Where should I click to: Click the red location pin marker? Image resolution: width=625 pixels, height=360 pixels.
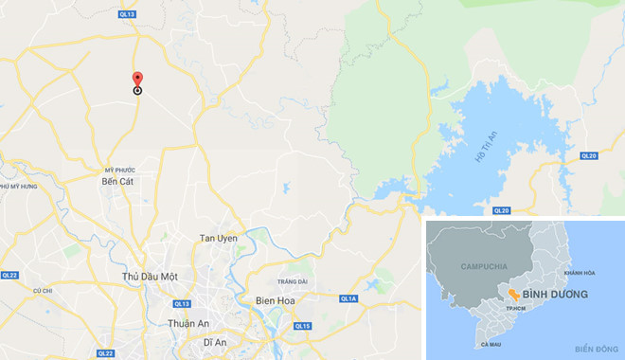(x=137, y=80)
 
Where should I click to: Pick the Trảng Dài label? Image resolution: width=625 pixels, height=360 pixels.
(x=292, y=281)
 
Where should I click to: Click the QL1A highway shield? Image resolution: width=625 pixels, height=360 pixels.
(x=348, y=299)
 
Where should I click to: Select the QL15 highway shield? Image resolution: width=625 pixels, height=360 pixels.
(x=302, y=326)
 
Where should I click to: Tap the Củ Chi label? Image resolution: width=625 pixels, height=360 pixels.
(x=42, y=290)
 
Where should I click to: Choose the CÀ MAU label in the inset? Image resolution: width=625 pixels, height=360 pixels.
(x=491, y=343)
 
